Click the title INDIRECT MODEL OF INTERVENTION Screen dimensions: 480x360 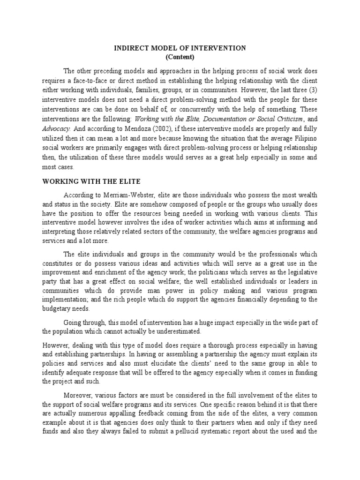(x=180, y=48)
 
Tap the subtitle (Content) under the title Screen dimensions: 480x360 (x=180, y=57)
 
